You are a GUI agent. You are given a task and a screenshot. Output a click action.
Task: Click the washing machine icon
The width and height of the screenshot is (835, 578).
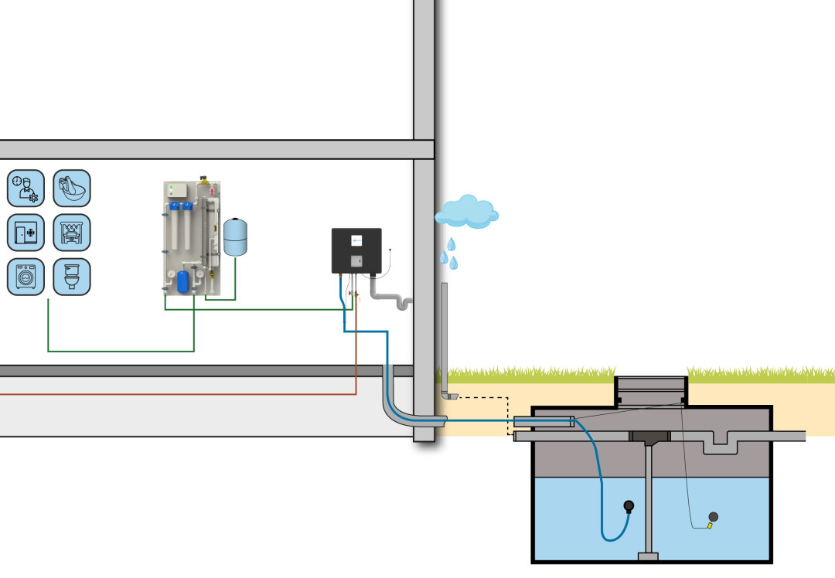tap(26, 277)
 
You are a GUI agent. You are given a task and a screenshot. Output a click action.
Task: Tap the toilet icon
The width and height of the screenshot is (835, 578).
tap(71, 277)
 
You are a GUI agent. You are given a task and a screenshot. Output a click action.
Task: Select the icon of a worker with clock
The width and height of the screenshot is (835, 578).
tap(26, 189)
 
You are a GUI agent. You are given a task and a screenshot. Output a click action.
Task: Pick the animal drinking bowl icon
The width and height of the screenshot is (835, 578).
tap(71, 189)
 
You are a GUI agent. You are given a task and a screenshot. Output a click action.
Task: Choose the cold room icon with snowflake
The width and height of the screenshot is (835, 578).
tap(26, 233)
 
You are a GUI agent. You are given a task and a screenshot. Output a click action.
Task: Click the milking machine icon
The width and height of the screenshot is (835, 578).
tap(71, 233)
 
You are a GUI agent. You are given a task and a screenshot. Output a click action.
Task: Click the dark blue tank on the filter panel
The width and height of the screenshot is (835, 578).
tap(182, 281)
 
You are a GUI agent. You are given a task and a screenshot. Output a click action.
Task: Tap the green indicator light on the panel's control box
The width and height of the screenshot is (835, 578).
tap(171, 188)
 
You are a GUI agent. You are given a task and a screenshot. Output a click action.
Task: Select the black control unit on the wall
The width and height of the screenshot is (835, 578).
tap(356, 250)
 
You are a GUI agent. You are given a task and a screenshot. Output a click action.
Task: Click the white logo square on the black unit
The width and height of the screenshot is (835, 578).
tap(356, 240)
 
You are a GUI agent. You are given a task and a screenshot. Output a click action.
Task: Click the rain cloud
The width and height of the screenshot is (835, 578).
tap(466, 210)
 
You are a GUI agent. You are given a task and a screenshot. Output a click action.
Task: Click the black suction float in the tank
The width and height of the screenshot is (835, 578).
tap(629, 507)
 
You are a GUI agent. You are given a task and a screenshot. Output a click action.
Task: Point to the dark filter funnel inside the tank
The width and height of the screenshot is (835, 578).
tap(649, 437)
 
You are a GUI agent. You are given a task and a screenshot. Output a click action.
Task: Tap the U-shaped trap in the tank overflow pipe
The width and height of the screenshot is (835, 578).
tap(721, 443)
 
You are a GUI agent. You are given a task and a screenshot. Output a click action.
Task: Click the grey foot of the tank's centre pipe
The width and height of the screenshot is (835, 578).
tap(648, 556)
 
